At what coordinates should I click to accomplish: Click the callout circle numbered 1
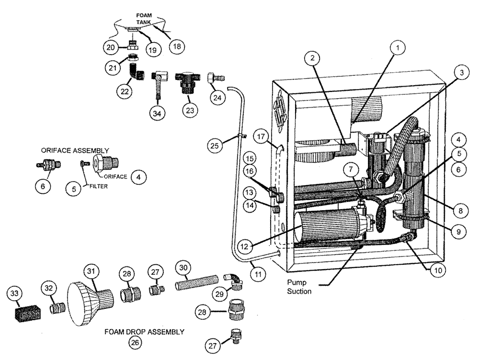tap(397, 47)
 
